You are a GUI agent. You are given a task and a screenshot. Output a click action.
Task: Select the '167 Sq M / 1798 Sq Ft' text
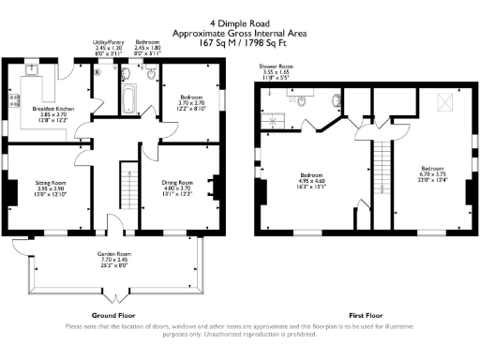(x=239, y=41)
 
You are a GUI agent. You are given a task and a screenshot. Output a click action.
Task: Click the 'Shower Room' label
(x=277, y=67)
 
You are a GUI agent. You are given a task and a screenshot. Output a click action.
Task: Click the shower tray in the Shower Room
(x=278, y=117)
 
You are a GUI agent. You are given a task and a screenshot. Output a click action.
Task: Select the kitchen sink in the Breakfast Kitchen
(x=31, y=68)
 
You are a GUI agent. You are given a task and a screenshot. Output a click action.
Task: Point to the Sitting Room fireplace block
(x=12, y=191)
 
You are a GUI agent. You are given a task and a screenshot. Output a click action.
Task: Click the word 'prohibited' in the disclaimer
(x=284, y=334)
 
